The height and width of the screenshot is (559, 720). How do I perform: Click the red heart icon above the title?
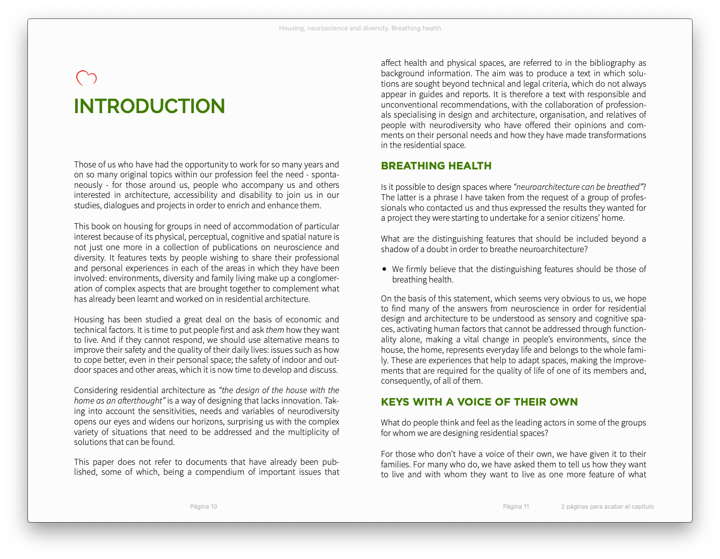click(86, 78)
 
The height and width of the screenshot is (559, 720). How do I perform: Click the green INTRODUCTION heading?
click(149, 106)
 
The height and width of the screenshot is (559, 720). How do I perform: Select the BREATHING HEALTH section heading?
click(436, 166)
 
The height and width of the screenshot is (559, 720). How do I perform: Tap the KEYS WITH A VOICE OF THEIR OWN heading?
click(479, 402)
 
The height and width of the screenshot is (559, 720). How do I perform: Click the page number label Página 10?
click(203, 507)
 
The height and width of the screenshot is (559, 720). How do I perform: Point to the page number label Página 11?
click(516, 507)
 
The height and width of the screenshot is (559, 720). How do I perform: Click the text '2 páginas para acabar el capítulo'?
click(607, 507)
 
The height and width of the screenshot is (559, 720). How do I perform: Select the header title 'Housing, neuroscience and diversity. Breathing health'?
click(360, 28)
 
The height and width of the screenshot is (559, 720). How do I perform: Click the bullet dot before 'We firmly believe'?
click(384, 269)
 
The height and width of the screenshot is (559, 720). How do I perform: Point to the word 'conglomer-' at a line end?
click(319, 278)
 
